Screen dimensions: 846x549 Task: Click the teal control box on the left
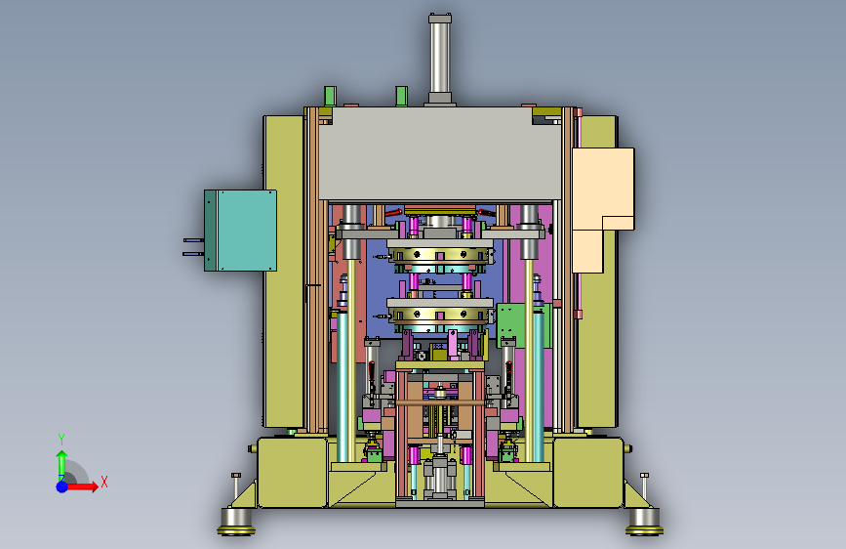pyautogui.click(x=241, y=231)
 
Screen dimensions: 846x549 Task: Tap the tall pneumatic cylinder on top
pyautogui.click(x=440, y=60)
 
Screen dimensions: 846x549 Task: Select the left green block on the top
pyautogui.click(x=330, y=96)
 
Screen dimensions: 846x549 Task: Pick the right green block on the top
pyautogui.click(x=401, y=96)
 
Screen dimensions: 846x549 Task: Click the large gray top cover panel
pyautogui.click(x=440, y=153)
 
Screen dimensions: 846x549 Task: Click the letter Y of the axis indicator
pyautogui.click(x=61, y=439)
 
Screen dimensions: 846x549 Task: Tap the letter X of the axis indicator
pyautogui.click(x=104, y=482)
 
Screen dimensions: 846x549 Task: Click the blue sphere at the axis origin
pyautogui.click(x=62, y=486)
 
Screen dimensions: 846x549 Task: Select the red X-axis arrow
pyautogui.click(x=80, y=486)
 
